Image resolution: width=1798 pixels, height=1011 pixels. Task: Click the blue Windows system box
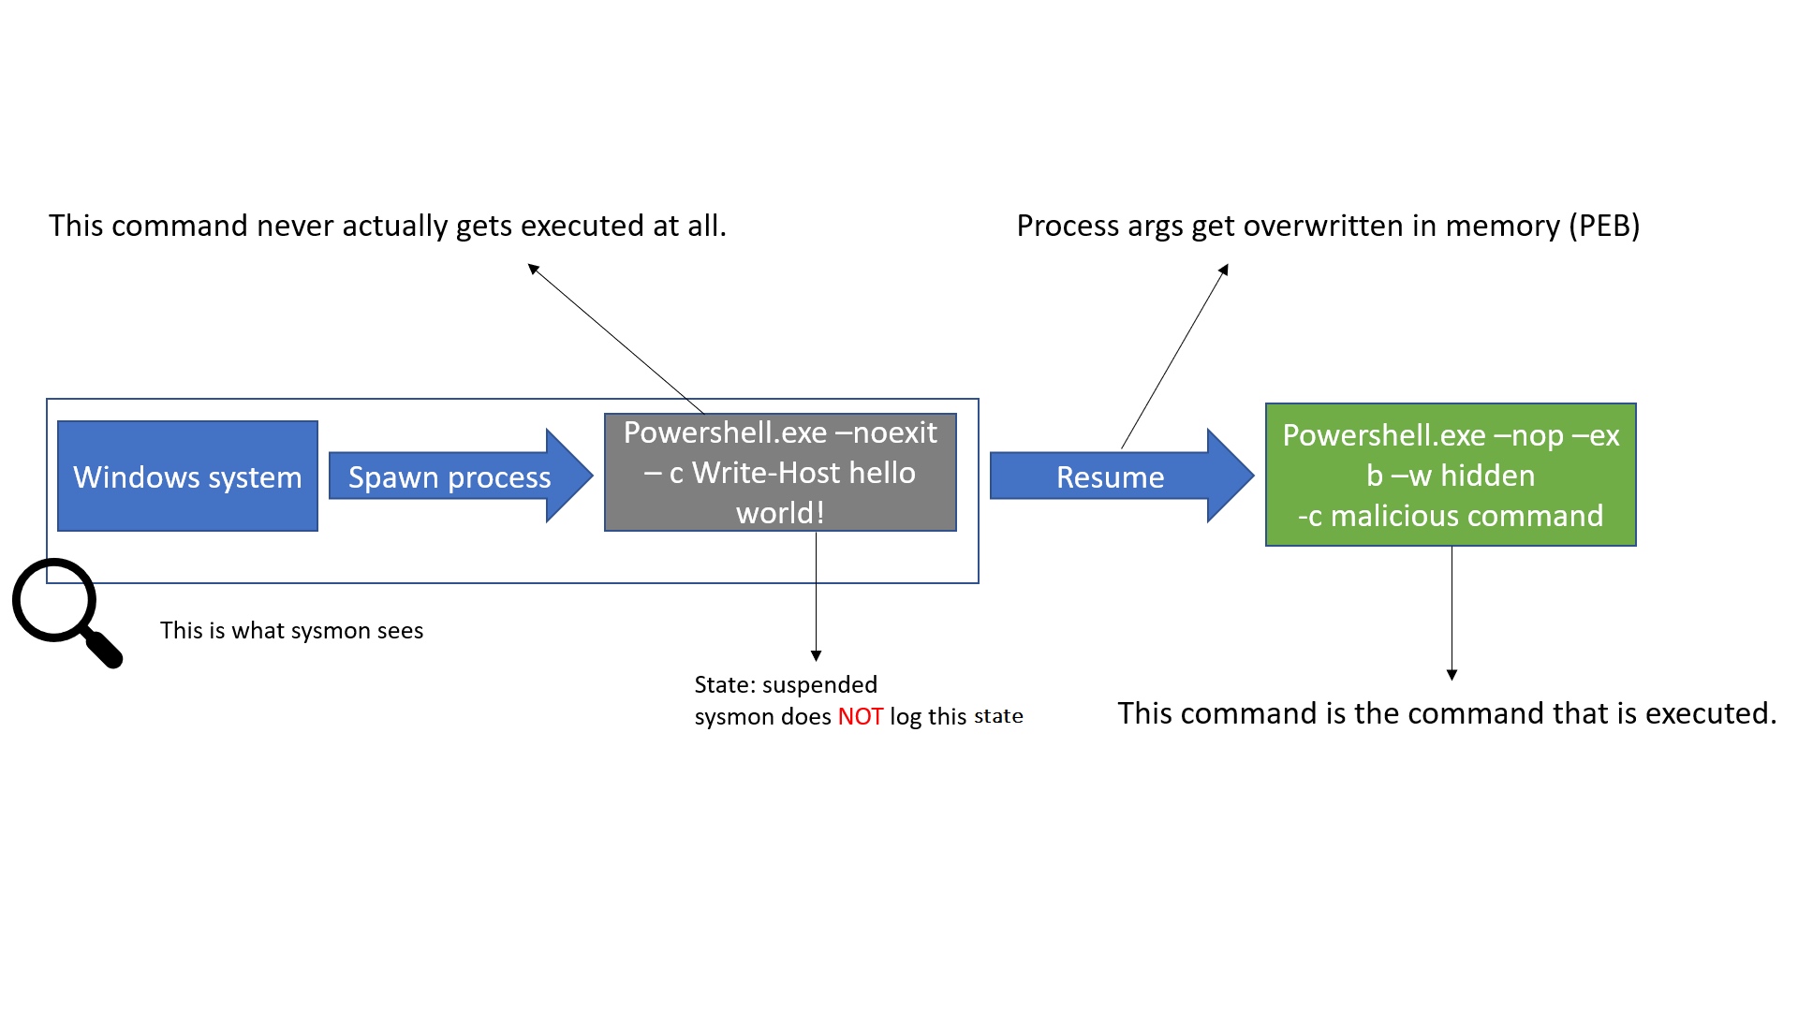[187, 476]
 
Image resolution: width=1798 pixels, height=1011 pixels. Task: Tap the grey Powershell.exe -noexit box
[780, 472]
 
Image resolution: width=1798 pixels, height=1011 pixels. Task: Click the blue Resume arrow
[1122, 476]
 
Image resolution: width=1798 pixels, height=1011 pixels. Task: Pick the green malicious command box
[1451, 475]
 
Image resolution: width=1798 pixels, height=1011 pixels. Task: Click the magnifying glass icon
[66, 611]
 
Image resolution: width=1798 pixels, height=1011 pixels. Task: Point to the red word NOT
[861, 717]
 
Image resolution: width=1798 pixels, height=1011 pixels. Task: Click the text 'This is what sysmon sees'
[291, 631]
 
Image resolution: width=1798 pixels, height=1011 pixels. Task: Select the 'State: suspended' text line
[786, 684]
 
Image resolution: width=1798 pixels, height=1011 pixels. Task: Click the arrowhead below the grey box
[816, 656]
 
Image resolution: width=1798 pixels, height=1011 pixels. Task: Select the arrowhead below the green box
[1452, 675]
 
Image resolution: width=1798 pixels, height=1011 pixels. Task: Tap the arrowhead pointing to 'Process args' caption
[1224, 270]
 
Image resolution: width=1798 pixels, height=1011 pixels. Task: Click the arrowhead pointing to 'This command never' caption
[533, 270]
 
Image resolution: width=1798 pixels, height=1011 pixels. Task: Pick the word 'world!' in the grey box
[780, 513]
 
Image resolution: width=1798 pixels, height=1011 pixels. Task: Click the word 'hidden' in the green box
[1487, 476]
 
